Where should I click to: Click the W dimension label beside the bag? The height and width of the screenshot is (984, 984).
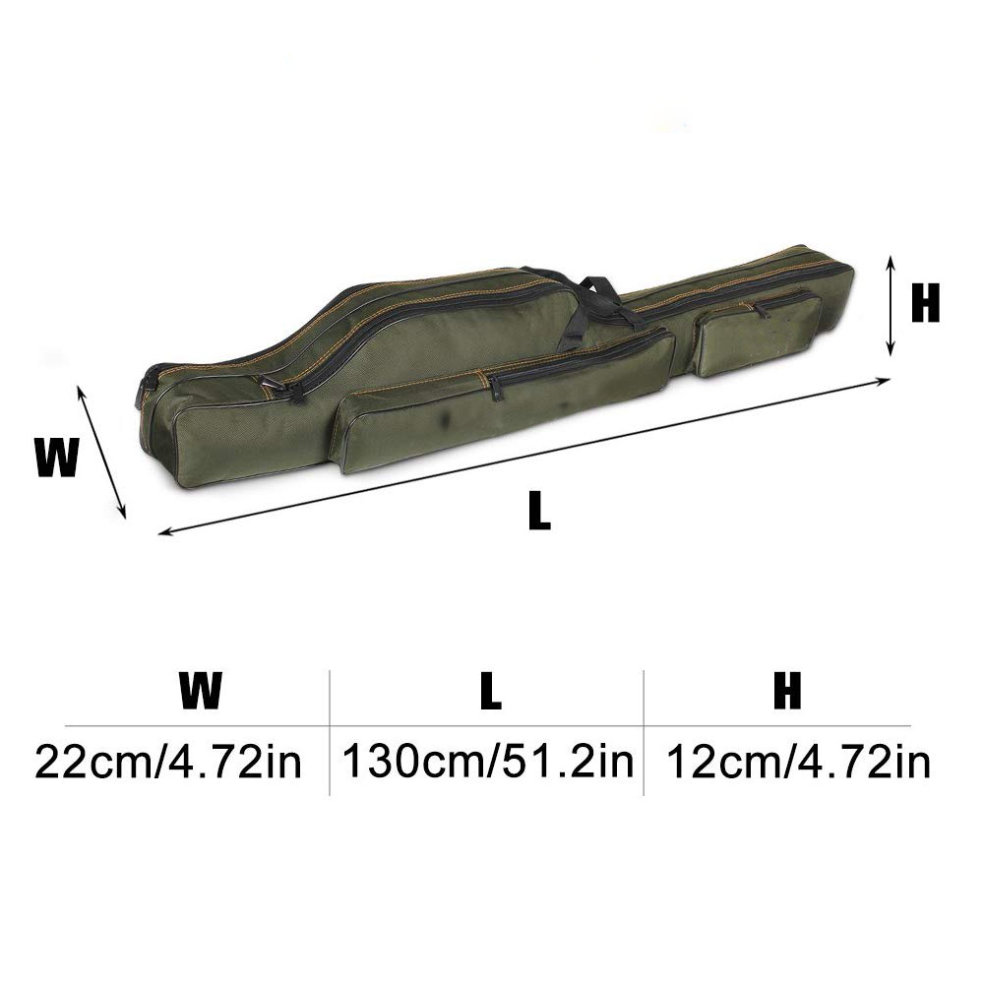point(56,458)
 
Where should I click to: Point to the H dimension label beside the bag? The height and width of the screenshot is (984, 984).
point(925,304)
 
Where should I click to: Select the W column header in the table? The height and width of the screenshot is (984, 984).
point(201,692)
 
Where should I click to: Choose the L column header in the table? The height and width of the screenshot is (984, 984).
point(489,692)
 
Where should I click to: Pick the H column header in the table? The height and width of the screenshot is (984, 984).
point(786,692)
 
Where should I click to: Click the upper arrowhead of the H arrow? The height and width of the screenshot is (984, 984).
point(891,259)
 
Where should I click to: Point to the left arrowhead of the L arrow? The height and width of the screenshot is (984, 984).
point(164,532)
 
